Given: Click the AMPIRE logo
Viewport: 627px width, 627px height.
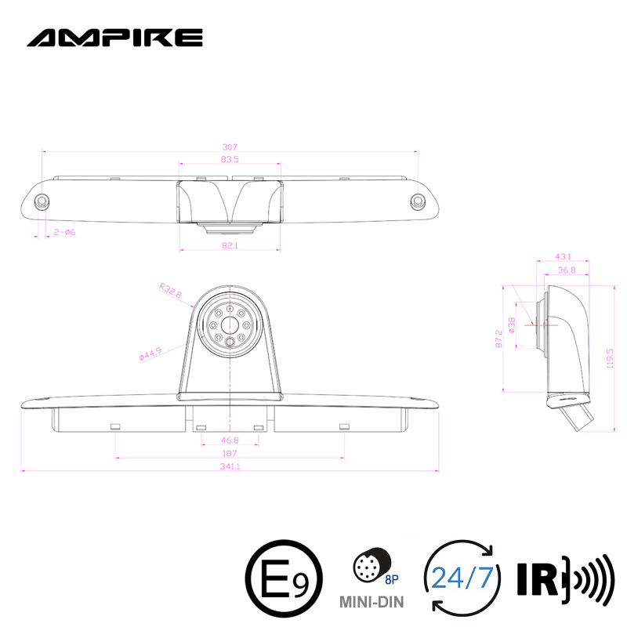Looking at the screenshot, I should tap(114, 37).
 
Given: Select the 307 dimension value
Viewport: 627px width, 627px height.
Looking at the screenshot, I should tap(230, 147).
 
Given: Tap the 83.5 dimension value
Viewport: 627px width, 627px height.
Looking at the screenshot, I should tap(230, 159).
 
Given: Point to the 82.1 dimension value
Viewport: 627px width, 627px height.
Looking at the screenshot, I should tap(230, 246).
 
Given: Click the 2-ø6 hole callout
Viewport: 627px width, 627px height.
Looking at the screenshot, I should tap(63, 232).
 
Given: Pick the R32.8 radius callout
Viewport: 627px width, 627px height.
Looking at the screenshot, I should tap(169, 292).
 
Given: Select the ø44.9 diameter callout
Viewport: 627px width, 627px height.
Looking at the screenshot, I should tap(150, 353).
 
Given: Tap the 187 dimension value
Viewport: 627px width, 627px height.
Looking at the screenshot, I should tap(230, 455).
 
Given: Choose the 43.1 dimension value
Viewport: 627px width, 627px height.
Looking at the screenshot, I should tap(563, 256).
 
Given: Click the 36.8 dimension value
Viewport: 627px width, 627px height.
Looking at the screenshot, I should tap(566, 270).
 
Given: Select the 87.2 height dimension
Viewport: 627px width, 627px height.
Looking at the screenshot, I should tap(498, 338).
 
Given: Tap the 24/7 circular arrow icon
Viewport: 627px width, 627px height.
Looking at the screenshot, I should tap(461, 578).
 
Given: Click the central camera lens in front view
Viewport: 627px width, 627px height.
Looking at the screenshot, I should tap(230, 324).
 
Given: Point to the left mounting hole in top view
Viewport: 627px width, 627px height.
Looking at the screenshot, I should tap(44, 201).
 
